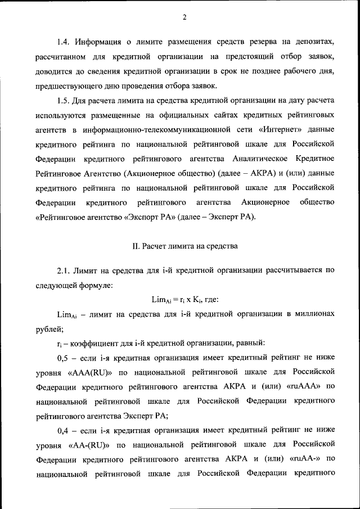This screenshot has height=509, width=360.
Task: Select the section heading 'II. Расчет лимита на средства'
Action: click(x=184, y=245)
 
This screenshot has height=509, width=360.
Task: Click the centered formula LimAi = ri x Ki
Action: click(x=185, y=299)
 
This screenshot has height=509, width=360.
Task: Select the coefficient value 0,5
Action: click(x=65, y=357)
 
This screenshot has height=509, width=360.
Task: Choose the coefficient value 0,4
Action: click(x=65, y=430)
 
